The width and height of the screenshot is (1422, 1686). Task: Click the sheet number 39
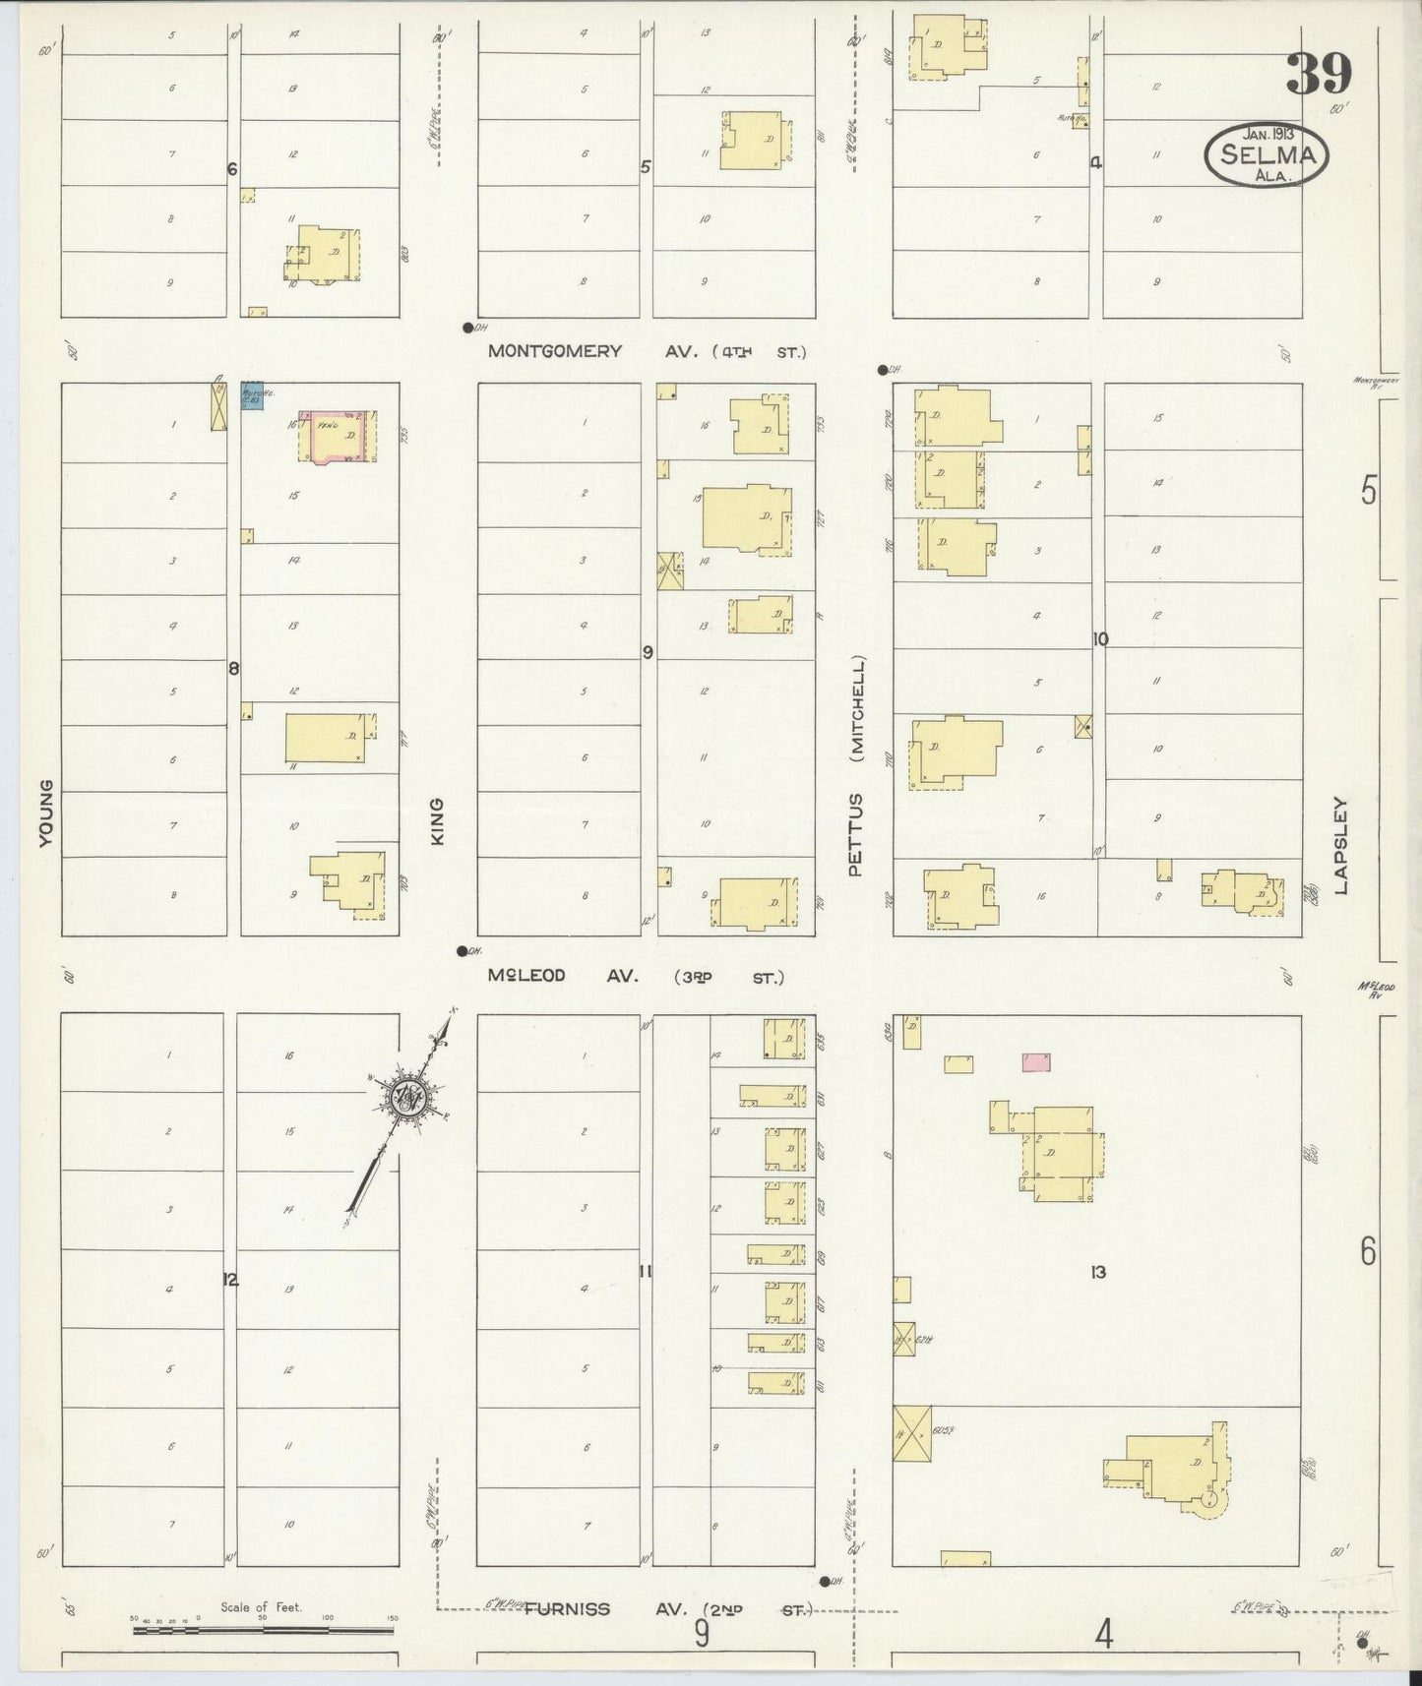tap(1320, 74)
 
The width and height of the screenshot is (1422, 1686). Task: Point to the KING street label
tap(438, 819)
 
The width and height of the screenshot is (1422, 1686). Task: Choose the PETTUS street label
tap(855, 834)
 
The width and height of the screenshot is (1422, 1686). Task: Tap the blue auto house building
tap(252, 395)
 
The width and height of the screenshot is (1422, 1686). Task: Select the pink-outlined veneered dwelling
tap(338, 436)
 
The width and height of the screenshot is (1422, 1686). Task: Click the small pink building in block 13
tap(1036, 1060)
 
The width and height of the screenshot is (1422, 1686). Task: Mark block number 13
tap(1097, 1272)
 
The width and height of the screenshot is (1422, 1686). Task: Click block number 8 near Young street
tap(233, 669)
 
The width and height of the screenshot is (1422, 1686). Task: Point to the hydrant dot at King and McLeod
tap(461, 950)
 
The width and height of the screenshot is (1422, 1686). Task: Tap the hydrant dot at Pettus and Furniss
tap(824, 1582)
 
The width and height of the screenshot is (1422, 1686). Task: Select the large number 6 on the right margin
tap(1368, 1252)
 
